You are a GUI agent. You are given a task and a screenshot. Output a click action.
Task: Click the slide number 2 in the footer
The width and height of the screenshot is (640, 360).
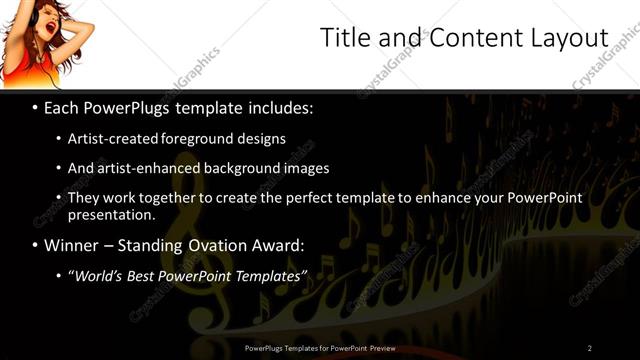pos(589,347)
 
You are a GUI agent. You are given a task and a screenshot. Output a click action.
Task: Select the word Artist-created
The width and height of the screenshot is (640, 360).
pos(112,139)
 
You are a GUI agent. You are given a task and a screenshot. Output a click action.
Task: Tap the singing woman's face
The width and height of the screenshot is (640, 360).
pos(40,24)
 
